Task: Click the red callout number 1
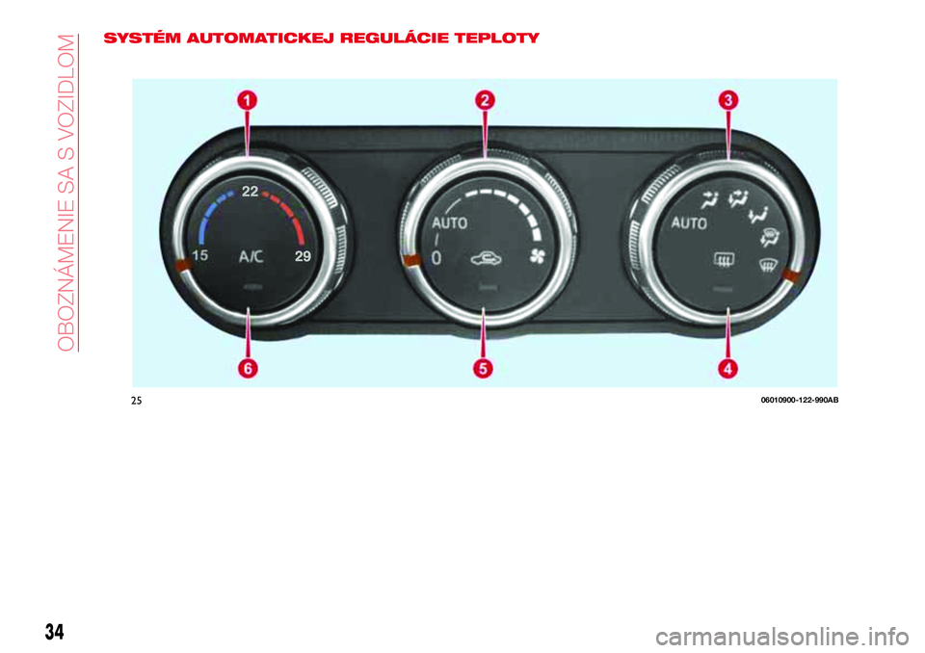pyautogui.click(x=248, y=100)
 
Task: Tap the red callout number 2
pyautogui.click(x=485, y=100)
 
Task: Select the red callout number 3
pyautogui.click(x=728, y=100)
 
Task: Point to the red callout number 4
pyautogui.click(x=728, y=369)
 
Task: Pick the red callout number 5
pyautogui.click(x=483, y=369)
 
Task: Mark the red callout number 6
pyautogui.click(x=248, y=369)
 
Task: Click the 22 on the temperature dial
pyautogui.click(x=250, y=191)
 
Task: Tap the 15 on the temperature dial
pyautogui.click(x=200, y=255)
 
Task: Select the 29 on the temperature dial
pyautogui.click(x=303, y=256)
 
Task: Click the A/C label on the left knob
pyautogui.click(x=251, y=256)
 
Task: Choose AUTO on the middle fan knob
pyautogui.click(x=450, y=223)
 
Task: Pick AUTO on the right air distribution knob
pyautogui.click(x=689, y=223)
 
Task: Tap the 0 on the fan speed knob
pyautogui.click(x=436, y=258)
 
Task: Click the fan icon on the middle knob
pyautogui.click(x=538, y=256)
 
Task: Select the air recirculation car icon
pyautogui.click(x=487, y=258)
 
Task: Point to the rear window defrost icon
pyautogui.click(x=724, y=258)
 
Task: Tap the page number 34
pyautogui.click(x=54, y=632)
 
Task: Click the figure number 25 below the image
pyautogui.click(x=136, y=401)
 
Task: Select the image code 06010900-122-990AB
pyautogui.click(x=800, y=401)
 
